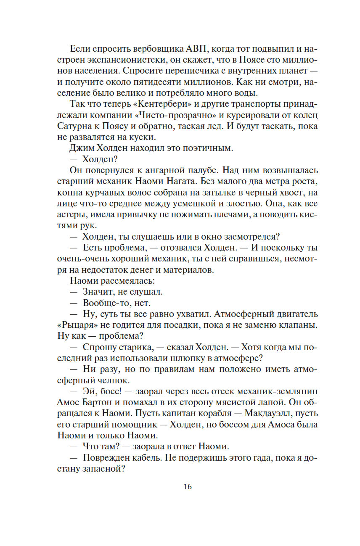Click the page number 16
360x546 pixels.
(x=188, y=487)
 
